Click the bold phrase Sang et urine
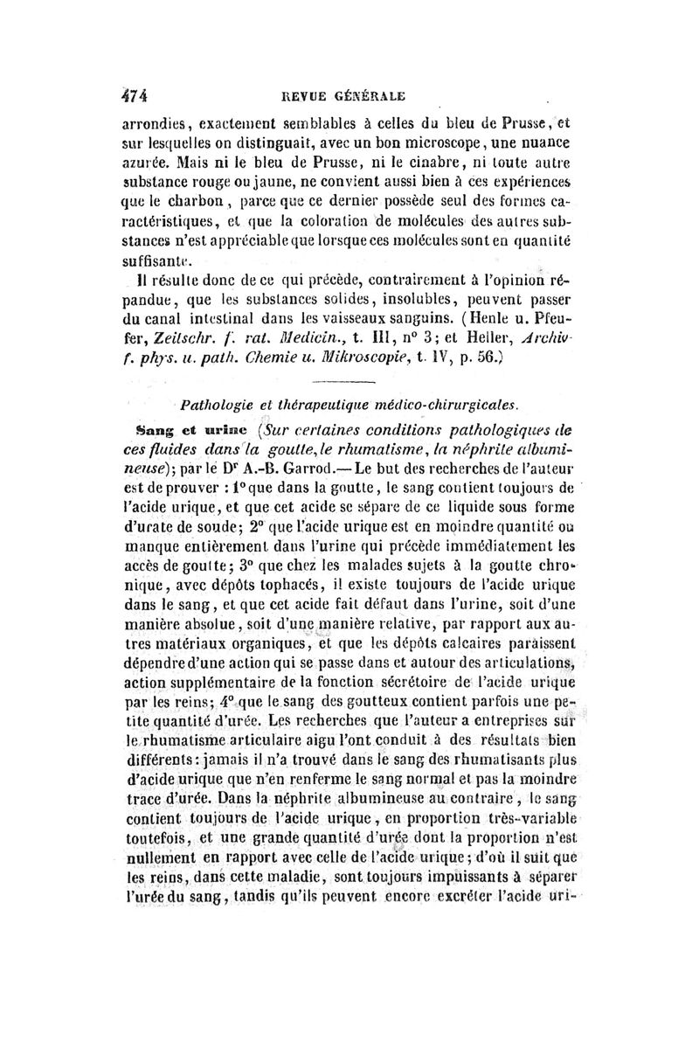pyautogui.click(x=180, y=428)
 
